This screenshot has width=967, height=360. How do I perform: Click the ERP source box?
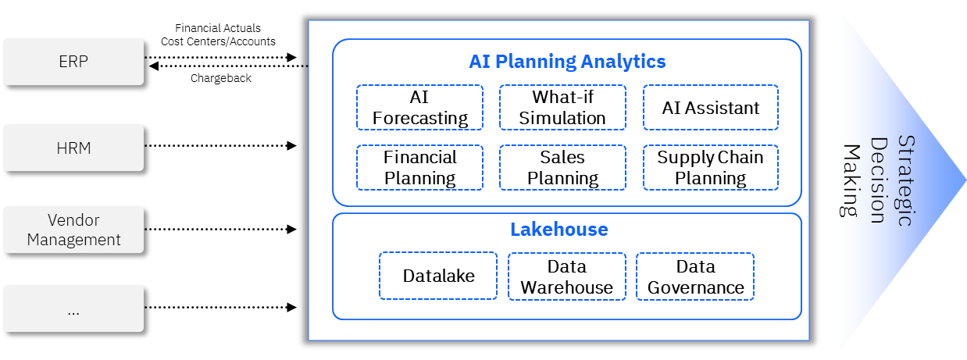click(x=73, y=62)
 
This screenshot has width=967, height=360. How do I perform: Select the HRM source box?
click(x=73, y=148)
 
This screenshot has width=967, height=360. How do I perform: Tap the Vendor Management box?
click(x=73, y=230)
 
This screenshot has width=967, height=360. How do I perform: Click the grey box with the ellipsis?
click(x=73, y=308)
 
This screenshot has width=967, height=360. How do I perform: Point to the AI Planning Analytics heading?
click(x=567, y=61)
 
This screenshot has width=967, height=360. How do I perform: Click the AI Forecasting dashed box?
click(x=419, y=108)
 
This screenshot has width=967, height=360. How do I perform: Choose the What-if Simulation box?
click(x=562, y=108)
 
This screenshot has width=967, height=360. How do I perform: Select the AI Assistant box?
click(x=710, y=108)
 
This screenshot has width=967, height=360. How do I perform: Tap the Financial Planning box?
click(x=419, y=167)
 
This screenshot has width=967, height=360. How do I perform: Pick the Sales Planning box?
click(x=562, y=167)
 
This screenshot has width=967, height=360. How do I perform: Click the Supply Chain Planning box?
click(x=710, y=167)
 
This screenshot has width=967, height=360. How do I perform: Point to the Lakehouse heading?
click(x=558, y=230)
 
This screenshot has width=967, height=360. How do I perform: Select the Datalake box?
click(x=438, y=276)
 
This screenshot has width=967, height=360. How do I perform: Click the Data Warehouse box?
click(x=566, y=276)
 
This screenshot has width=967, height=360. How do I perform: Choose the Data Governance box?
click(x=695, y=276)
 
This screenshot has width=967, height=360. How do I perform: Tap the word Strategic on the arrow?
click(x=905, y=180)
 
